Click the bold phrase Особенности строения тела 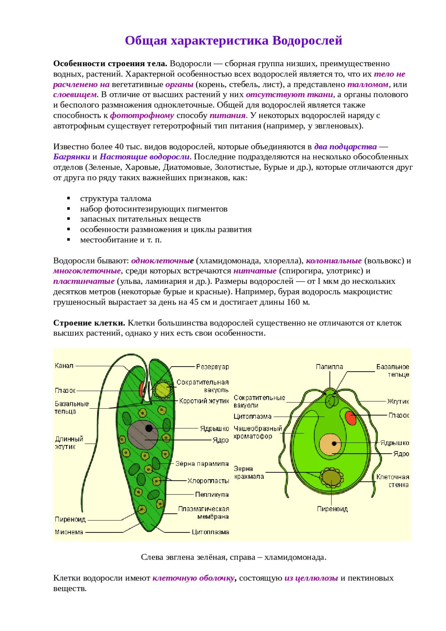(110, 64)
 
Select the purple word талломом (368, 85)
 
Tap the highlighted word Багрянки (71, 157)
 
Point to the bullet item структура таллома (116, 199)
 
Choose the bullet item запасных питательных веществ (140, 219)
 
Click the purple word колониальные (333, 261)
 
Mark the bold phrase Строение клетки (89, 323)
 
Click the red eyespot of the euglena (141, 389)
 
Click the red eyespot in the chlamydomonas (351, 418)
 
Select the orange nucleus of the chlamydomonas (331, 444)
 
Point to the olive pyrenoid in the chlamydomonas (331, 476)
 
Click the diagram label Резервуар (212, 367)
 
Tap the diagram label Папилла (329, 367)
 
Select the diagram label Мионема (69, 532)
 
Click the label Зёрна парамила (202, 464)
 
